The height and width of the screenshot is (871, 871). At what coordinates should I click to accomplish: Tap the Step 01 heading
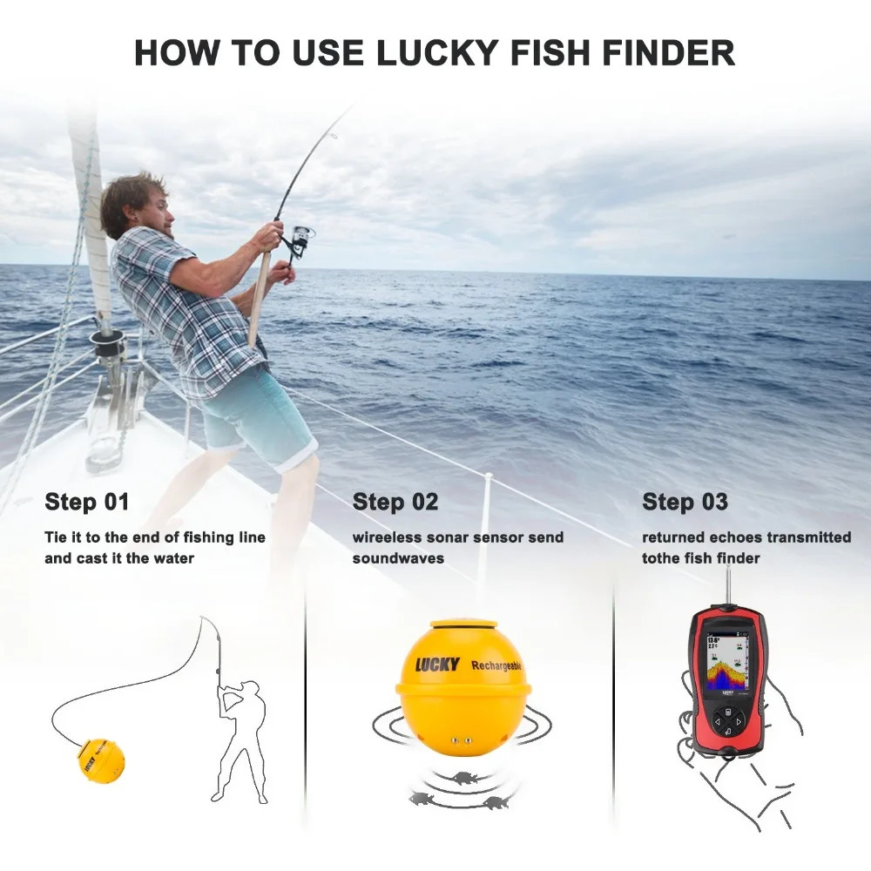tap(87, 503)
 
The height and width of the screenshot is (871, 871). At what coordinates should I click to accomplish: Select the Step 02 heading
tap(395, 503)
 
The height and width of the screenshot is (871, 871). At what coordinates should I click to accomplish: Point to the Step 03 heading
tap(685, 503)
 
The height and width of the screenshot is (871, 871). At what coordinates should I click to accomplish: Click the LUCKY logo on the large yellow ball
tap(436, 665)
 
